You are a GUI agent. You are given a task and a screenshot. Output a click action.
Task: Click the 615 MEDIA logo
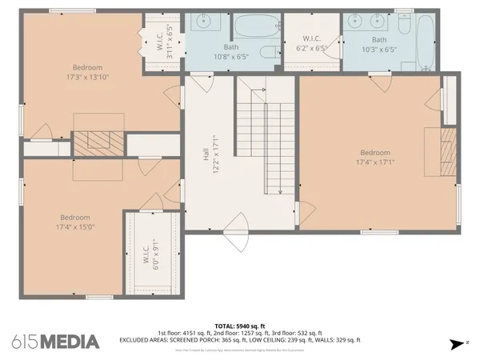click(55, 342)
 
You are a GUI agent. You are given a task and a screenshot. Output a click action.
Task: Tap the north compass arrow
click(458, 343)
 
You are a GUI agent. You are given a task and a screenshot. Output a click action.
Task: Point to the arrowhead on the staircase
click(279, 191)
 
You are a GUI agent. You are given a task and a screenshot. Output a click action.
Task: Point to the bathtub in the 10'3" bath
click(425, 40)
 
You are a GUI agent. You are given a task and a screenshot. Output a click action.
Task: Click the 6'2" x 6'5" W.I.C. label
click(311, 43)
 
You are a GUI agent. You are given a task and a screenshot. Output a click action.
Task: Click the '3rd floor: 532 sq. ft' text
click(298, 333)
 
